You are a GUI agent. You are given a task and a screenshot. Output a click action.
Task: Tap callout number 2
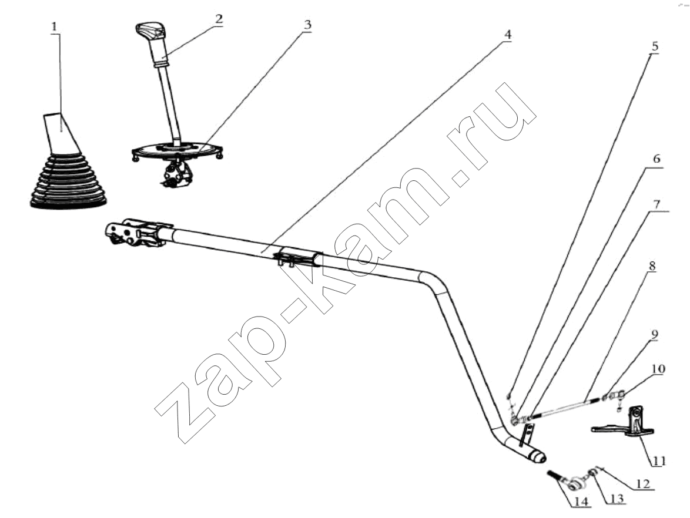218,19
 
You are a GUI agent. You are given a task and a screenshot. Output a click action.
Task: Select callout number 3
307,25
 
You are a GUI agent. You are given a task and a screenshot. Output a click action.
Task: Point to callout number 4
507,34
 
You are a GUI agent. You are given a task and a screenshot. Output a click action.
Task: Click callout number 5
655,46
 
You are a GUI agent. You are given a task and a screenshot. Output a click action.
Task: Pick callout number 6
656,159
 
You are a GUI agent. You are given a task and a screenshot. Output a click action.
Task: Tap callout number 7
656,204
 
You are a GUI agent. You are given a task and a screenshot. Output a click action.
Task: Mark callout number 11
659,460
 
